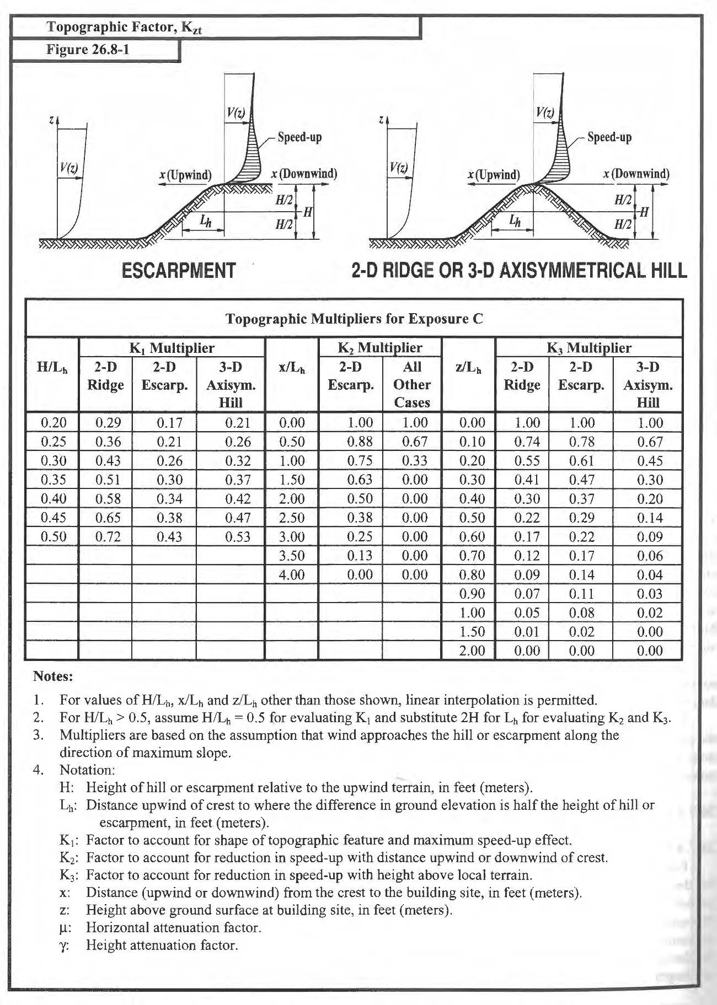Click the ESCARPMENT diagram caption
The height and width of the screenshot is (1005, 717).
point(178,271)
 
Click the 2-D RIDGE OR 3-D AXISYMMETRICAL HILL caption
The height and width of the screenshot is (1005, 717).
point(519,271)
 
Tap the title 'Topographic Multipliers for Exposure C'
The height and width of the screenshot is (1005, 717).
point(354,319)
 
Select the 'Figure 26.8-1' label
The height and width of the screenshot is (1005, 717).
point(88,50)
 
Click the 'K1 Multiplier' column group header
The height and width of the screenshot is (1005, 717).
point(172,348)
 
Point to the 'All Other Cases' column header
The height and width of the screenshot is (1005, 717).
point(412,384)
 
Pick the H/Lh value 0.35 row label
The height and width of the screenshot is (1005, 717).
point(53,480)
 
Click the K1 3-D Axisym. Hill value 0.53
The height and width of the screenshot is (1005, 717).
point(238,536)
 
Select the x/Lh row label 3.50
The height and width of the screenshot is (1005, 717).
point(292,556)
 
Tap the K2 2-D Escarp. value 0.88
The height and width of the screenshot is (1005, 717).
point(360,442)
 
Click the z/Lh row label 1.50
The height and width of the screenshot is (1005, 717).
point(472,631)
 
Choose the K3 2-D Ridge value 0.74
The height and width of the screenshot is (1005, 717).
point(527,442)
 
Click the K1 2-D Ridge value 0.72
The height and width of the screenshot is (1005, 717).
point(108,536)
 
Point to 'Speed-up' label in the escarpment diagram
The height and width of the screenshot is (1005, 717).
point(299,137)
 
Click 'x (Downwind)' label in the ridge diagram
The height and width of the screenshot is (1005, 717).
point(636,174)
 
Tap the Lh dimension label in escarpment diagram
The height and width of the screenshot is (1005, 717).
point(205,222)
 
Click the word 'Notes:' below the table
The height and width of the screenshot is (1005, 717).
point(53,675)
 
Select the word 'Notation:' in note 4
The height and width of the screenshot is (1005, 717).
point(87,770)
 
